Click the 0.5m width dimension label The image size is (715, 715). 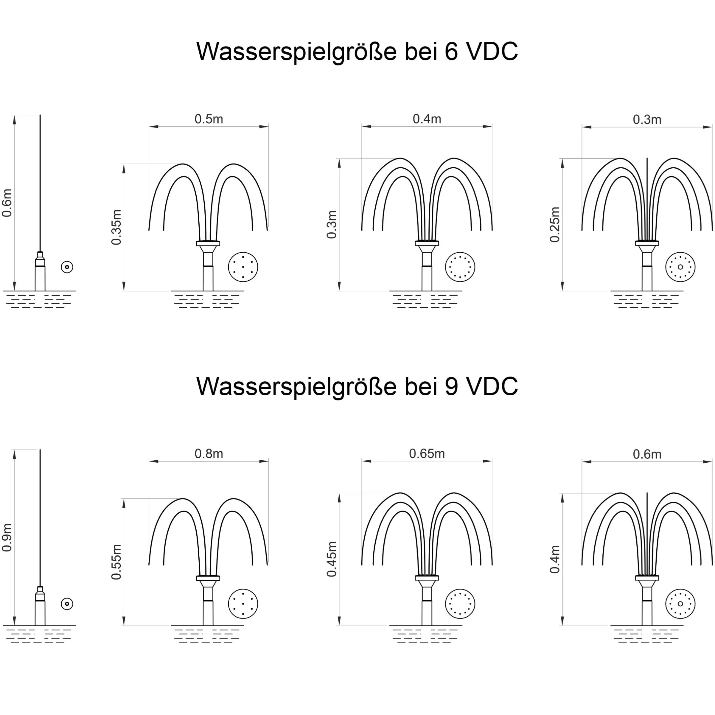pos(209,119)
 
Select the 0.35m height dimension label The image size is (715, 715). pos(116,227)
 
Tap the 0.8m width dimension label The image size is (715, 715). pos(209,453)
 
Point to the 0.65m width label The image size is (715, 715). pos(427,453)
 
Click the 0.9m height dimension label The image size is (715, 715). pos(7,537)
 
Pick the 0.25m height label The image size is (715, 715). pos(555,225)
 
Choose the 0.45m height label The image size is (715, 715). pos(332,559)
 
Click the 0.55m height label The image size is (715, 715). pos(116,562)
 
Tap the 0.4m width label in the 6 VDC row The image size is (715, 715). pos(427,119)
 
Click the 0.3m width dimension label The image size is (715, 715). pos(647,119)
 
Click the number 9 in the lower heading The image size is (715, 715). pos(451,386)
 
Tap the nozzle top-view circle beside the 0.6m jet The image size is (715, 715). pos(67,267)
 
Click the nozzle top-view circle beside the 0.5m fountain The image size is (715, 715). pos(243,267)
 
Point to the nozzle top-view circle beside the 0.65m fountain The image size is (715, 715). pos(460,604)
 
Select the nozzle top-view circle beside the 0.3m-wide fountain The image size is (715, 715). pos(680,267)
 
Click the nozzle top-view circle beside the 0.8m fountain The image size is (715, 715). pos(243,604)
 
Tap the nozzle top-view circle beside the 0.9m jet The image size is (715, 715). pos(67,604)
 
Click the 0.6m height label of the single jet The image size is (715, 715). pos(7,203)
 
